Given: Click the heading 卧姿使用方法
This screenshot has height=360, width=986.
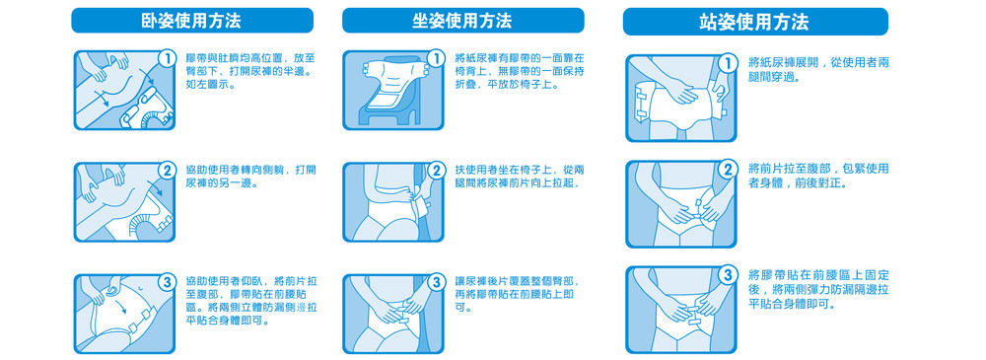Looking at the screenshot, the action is (191, 21).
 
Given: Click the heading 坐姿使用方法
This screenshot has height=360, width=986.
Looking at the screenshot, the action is (462, 21).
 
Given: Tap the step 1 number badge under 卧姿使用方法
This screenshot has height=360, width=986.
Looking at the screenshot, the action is (167, 59).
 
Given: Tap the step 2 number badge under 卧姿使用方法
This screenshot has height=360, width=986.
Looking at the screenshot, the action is (167, 171).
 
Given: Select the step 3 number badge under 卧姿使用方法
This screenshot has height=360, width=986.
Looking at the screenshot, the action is (167, 283).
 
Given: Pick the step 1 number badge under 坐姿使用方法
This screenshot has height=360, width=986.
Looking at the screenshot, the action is (436, 59).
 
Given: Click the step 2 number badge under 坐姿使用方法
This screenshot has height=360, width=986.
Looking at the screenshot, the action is (436, 171).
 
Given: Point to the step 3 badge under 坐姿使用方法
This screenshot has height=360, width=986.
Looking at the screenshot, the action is (436, 283).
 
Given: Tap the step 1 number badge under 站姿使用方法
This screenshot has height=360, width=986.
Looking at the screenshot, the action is (729, 63).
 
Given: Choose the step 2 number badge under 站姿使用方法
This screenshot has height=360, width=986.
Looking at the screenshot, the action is (729, 170).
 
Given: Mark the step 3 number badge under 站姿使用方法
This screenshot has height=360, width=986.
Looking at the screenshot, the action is (729, 275).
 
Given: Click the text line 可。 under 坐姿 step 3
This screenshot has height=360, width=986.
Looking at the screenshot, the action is (463, 308).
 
